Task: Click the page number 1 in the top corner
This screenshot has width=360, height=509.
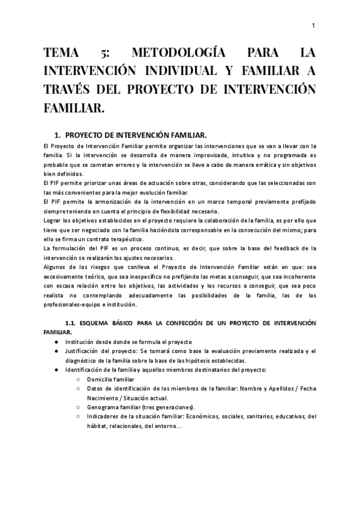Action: [x=314, y=25]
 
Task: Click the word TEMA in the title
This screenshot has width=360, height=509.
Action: [x=64, y=55]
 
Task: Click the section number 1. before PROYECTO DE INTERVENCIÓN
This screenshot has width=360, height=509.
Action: [x=58, y=135]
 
